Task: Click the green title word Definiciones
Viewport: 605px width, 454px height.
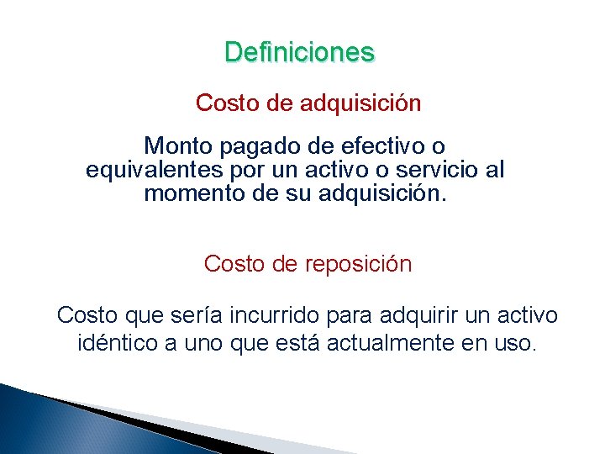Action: pyautogui.click(x=299, y=52)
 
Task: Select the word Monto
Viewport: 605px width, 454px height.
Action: pyautogui.click(x=179, y=147)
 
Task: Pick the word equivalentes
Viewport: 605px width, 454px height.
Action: pyautogui.click(x=153, y=171)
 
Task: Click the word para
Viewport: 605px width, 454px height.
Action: pyautogui.click(x=348, y=317)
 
